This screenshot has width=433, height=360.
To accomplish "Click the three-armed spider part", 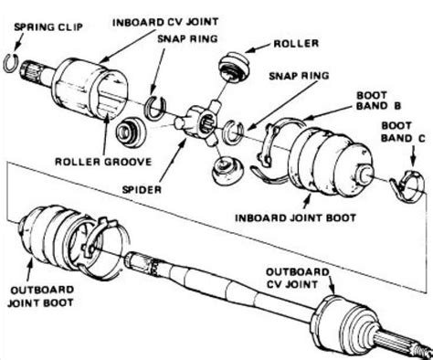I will coord(195,120).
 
